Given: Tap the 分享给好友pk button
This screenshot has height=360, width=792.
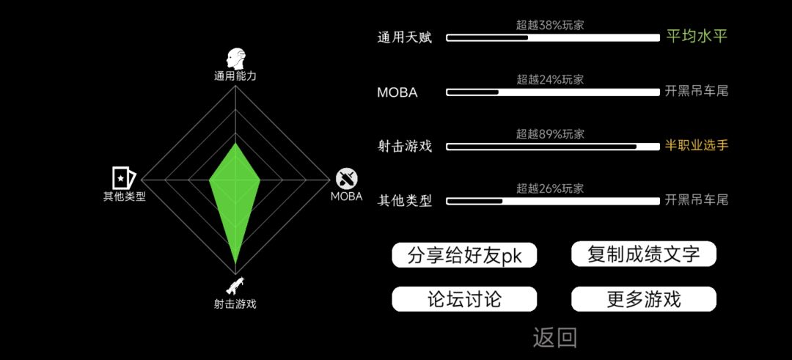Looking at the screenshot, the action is click(464, 255).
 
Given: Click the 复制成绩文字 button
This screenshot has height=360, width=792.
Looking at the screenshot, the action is click(644, 254).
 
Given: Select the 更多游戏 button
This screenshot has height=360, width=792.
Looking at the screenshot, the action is click(644, 299).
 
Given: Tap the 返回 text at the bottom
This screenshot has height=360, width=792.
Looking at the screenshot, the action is click(554, 338).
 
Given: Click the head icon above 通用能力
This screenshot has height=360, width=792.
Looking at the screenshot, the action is click(235, 59).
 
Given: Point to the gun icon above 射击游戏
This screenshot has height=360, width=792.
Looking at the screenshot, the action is click(235, 285).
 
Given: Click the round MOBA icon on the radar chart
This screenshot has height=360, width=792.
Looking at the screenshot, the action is click(347, 179).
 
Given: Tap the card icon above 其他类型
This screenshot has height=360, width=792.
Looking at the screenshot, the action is click(124, 177).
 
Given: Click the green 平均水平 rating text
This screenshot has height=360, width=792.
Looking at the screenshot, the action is click(697, 37).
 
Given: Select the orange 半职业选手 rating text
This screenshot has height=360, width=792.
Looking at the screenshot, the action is click(697, 146).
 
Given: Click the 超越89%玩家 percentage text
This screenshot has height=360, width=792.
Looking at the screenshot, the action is click(550, 134).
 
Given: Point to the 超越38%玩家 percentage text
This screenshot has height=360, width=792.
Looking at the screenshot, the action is click(550, 25).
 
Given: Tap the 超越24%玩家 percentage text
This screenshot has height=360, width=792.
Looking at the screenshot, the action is click(550, 80).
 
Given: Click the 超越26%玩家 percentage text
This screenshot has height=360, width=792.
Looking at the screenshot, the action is click(550, 189).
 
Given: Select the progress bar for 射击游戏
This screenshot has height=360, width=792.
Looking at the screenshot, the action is click(553, 147).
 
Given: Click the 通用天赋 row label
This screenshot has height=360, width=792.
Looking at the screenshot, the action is click(405, 38).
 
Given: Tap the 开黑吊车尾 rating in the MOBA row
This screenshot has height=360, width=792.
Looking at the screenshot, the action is click(697, 92).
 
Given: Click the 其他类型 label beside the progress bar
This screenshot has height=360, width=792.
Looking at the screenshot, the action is click(405, 202).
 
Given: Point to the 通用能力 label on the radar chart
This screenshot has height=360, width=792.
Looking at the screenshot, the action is click(235, 76).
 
